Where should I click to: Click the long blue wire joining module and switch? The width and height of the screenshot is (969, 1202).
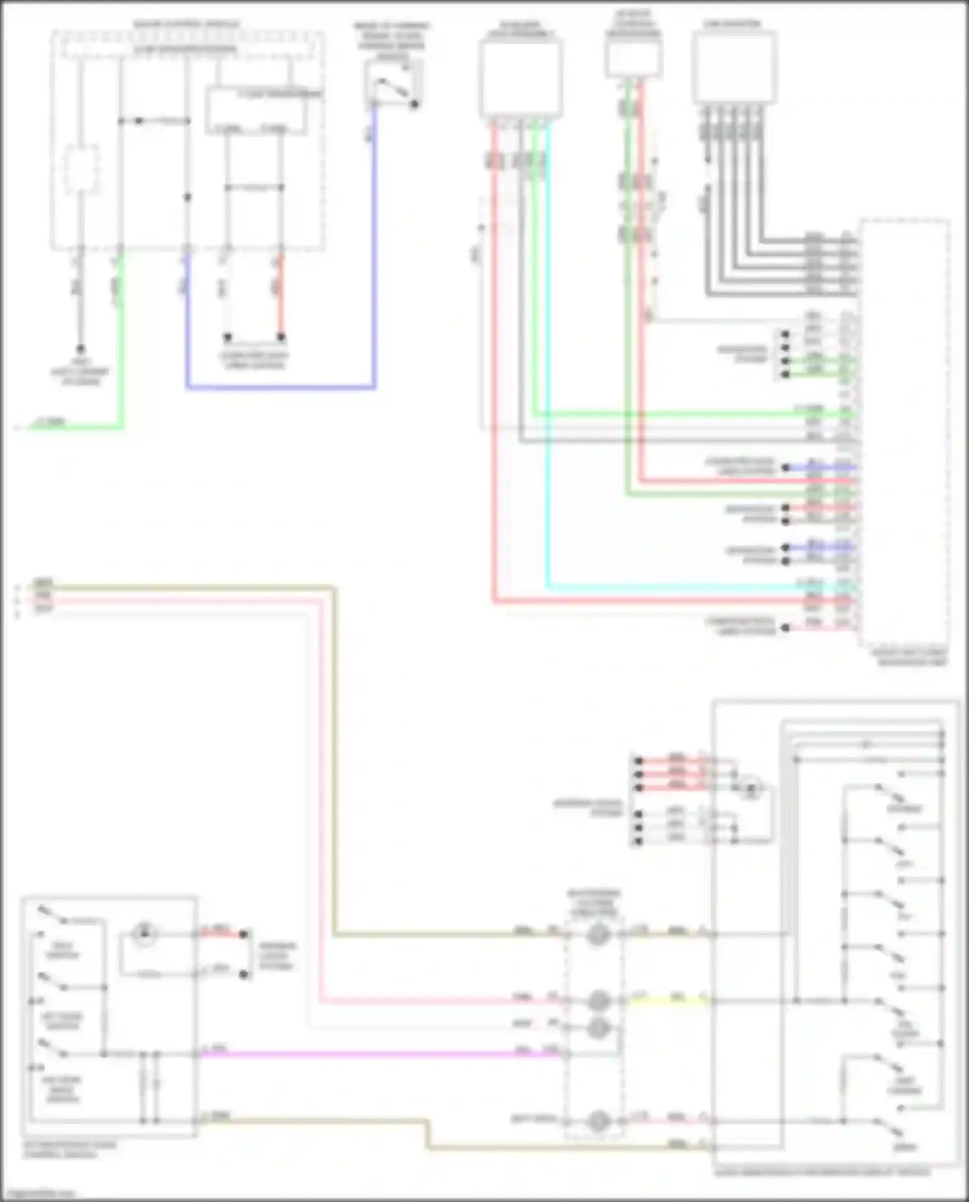coord(278,388)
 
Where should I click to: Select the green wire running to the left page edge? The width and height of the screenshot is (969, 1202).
coord(78,426)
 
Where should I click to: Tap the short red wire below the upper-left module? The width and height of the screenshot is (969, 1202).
coord(280,297)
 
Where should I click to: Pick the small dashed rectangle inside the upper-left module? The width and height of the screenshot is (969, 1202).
coord(81,168)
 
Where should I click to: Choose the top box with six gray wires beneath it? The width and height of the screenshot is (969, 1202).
coord(734,68)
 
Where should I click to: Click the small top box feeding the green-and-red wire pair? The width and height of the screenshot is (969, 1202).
coord(633,57)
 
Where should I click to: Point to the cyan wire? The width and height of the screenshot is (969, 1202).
coord(548,388)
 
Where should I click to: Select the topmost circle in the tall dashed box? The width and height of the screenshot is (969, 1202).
coord(598,934)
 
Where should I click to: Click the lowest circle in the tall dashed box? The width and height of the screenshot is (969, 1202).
coord(598,1121)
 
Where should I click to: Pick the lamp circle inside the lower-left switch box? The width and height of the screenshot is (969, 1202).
coord(145,933)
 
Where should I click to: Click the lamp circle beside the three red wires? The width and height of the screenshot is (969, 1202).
coord(751,788)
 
